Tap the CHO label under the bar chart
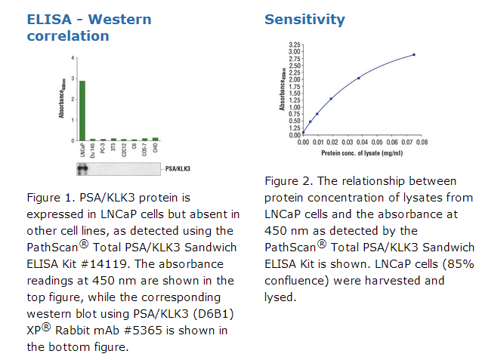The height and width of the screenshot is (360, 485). [x=156, y=149]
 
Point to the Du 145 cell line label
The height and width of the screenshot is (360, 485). [x=93, y=150]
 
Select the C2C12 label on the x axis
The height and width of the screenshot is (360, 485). [x=124, y=150]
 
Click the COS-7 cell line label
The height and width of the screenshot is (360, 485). [x=145, y=150]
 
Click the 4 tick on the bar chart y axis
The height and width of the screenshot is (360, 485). [x=73, y=58]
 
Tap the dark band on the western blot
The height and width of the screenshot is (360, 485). [x=82, y=169]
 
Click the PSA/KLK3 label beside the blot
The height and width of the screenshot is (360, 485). [x=178, y=169]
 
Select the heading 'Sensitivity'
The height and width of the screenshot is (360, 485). [x=304, y=20]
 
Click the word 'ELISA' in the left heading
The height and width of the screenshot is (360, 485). [x=50, y=20]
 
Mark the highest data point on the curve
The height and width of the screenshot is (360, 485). [x=414, y=54]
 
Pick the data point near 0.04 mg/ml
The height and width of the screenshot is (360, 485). [x=359, y=78]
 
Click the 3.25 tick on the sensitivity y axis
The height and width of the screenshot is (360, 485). [x=295, y=45]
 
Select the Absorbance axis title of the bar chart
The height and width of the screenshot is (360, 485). [x=61, y=99]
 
